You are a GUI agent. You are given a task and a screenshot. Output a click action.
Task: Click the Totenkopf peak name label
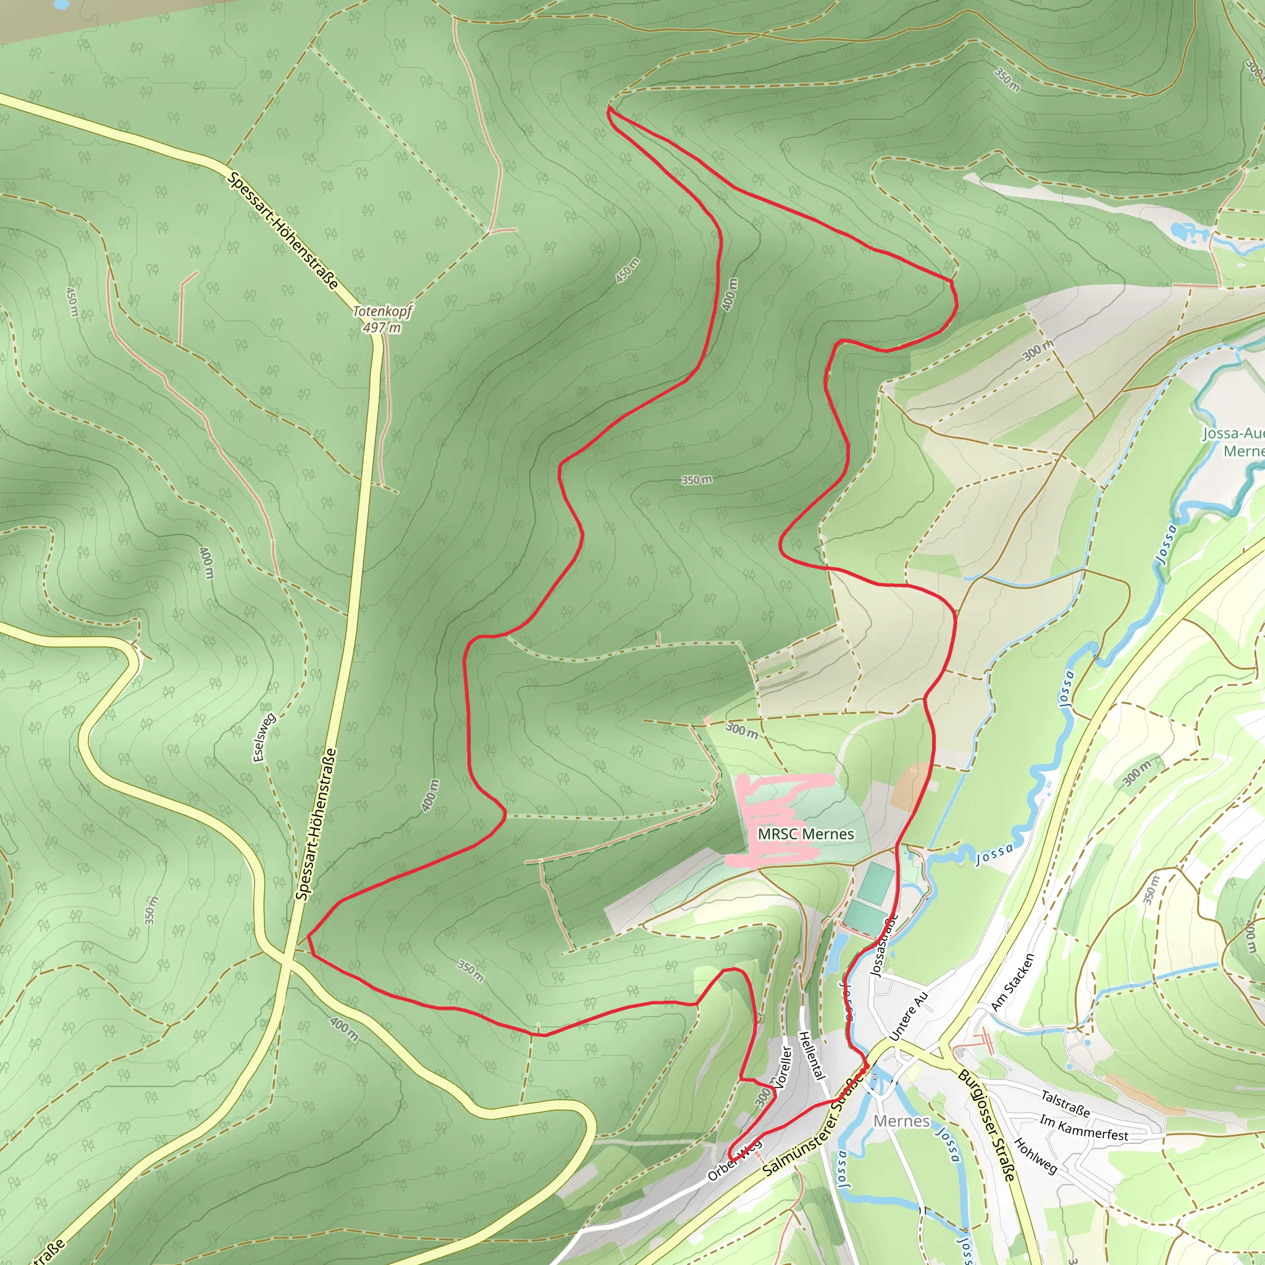click(x=382, y=312)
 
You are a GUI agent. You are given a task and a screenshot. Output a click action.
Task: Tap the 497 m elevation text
click(x=382, y=327)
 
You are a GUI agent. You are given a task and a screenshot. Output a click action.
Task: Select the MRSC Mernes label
click(x=805, y=834)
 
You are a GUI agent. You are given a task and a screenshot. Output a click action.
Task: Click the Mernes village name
click(x=901, y=1121)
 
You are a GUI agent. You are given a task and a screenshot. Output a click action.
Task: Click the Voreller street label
click(x=783, y=1067)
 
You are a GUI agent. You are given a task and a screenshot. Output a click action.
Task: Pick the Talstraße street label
click(x=1065, y=1103)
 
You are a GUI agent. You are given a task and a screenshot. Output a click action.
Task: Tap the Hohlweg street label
click(x=1035, y=1156)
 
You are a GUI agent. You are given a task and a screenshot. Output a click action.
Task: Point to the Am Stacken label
click(x=1012, y=981)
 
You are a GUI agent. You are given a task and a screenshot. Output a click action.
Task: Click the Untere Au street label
click(x=909, y=1015)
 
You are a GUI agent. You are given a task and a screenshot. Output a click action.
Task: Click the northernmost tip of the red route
click(x=610, y=109)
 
